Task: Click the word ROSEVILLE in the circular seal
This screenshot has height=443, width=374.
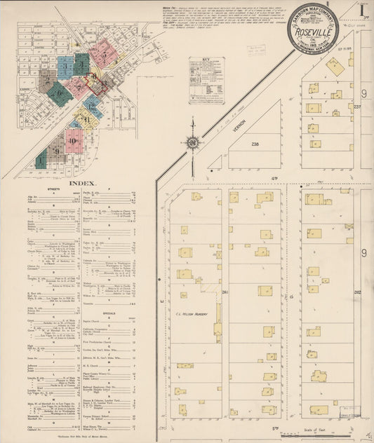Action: (312, 31)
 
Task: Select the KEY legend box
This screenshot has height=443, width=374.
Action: (206, 81)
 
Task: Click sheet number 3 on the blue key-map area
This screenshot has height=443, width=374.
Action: (65, 67)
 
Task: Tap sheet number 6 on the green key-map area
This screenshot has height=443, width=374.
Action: (60, 93)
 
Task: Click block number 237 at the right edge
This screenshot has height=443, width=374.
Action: (356, 107)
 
